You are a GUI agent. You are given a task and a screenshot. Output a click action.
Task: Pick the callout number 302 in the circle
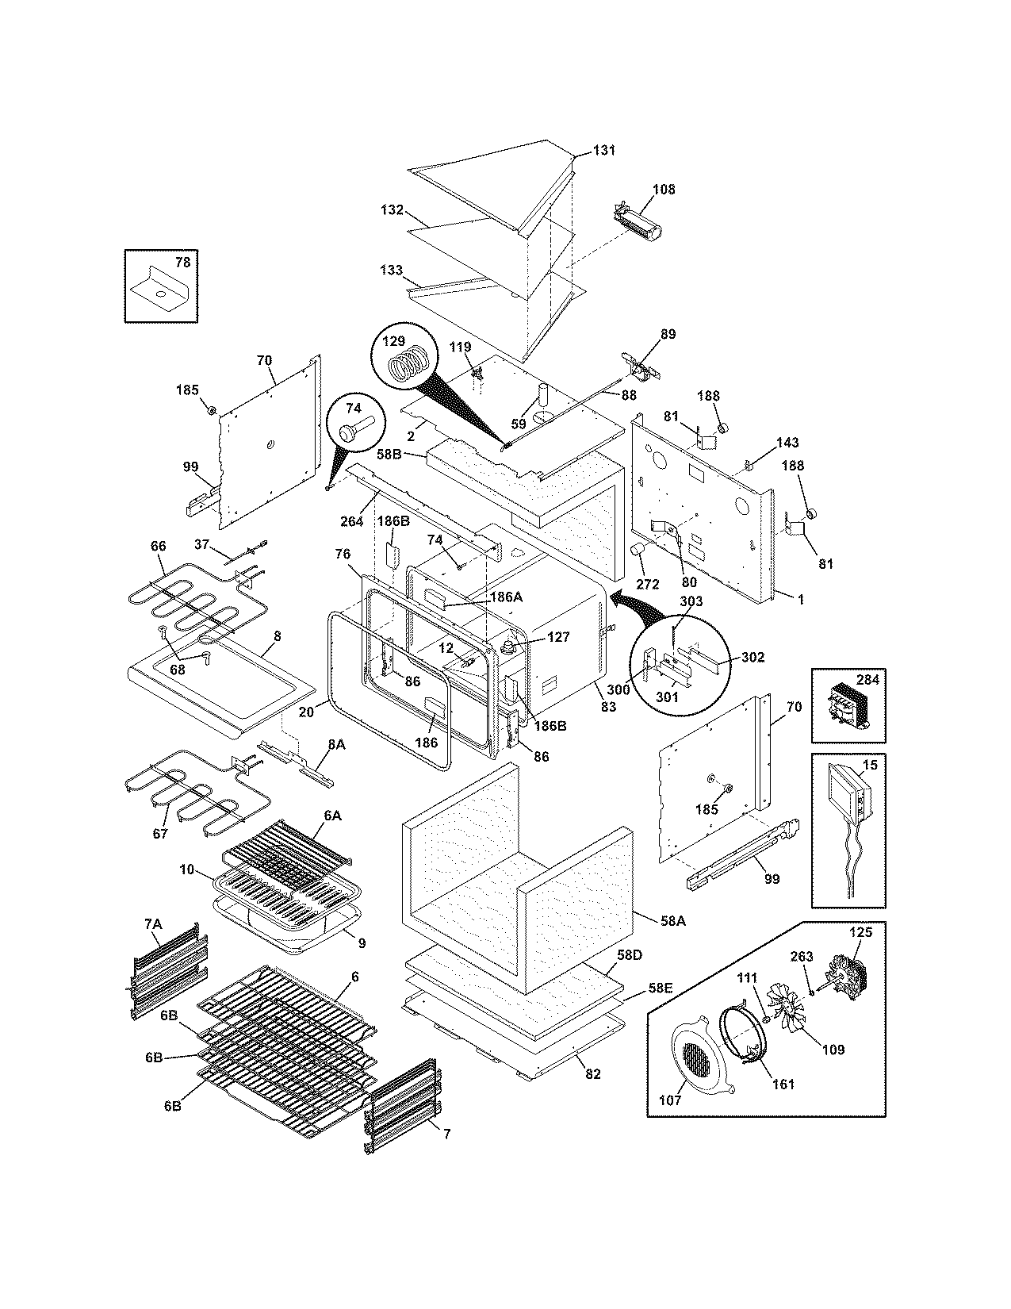pyautogui.click(x=753, y=657)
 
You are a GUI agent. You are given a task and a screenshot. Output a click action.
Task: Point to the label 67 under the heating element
pyautogui.click(x=160, y=834)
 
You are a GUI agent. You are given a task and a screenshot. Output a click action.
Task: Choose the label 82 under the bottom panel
pyautogui.click(x=592, y=1074)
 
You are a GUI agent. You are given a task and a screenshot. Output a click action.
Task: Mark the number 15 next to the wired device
pyautogui.click(x=870, y=765)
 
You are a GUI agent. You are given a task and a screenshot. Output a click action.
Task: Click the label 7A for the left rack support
pyautogui.click(x=152, y=924)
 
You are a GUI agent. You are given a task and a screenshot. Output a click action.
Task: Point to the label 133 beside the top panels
pyautogui.click(x=392, y=270)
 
